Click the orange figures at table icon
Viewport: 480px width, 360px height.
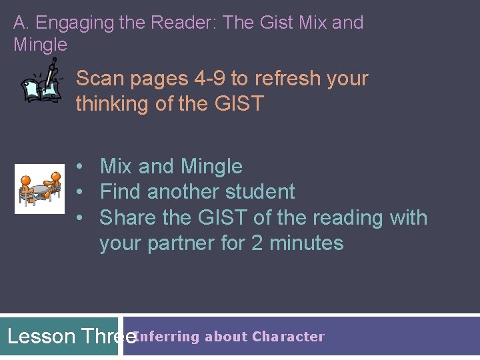click(x=40, y=188)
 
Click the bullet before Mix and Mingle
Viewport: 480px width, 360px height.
click(x=79, y=166)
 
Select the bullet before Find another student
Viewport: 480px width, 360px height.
click(x=79, y=192)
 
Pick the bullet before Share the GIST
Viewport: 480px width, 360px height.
click(x=79, y=218)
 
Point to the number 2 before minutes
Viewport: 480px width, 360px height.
click(x=257, y=243)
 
